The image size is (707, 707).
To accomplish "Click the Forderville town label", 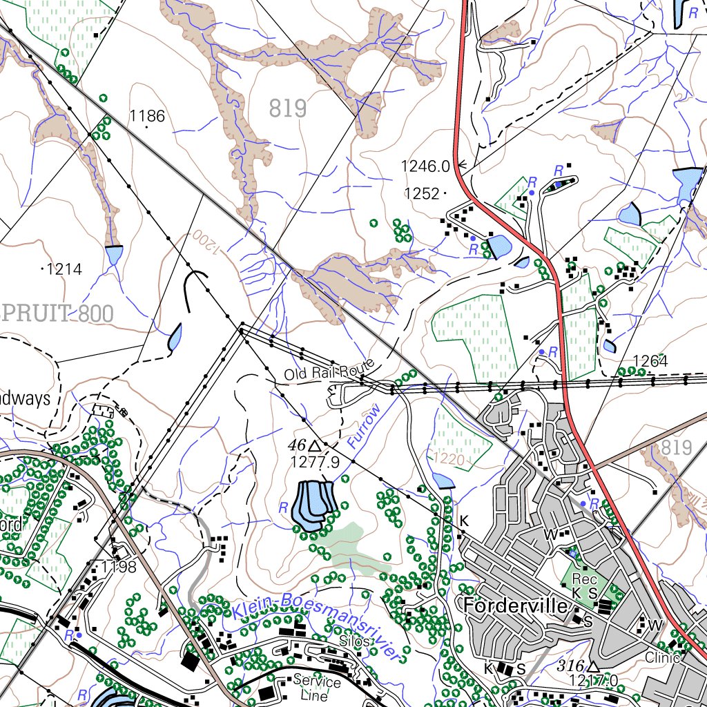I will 517,606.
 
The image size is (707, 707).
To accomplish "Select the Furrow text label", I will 364,426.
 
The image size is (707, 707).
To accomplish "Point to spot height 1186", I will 147,115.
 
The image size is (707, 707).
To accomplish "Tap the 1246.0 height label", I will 425,166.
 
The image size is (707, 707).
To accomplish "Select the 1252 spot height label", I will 422,194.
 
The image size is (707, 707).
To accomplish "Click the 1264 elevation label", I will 650,361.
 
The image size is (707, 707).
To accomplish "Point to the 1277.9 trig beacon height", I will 315,462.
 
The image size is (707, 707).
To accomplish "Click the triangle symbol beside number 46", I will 316,445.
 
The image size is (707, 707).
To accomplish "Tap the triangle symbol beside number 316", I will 593,667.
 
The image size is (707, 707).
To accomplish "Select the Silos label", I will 356,641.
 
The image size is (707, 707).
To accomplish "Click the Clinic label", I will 663,657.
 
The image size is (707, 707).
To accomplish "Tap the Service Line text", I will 317,688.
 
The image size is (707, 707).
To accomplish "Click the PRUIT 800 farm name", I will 58,313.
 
